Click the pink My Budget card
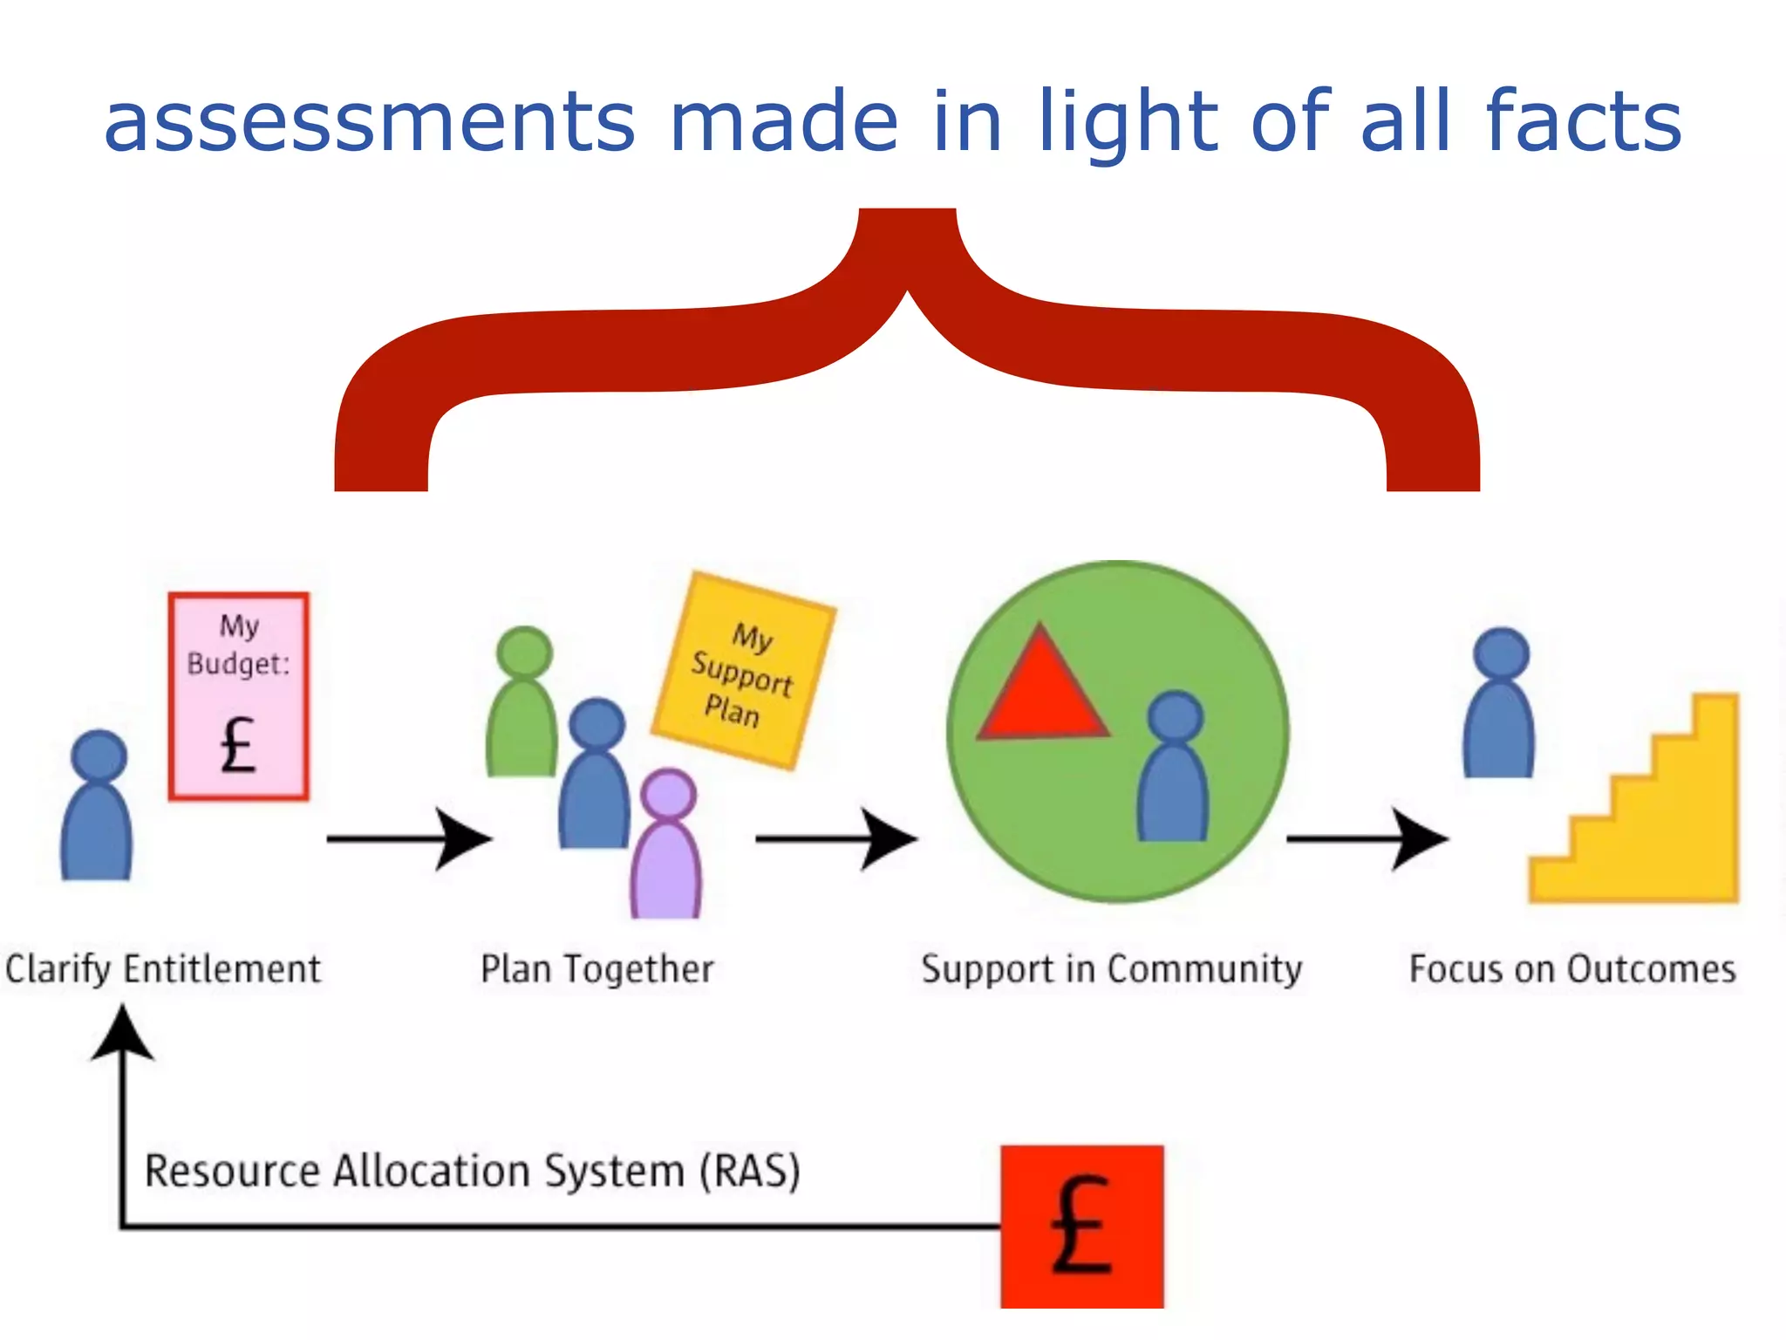click(x=239, y=696)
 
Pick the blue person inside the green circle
click(x=1174, y=768)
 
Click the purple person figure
click(x=667, y=846)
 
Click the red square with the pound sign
click(x=1081, y=1226)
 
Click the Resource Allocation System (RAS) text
click(x=472, y=1171)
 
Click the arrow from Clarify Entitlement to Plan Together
click(x=410, y=839)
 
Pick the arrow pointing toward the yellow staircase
click(x=1367, y=839)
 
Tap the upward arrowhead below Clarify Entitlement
click(x=123, y=1034)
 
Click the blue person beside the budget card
click(x=97, y=807)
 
